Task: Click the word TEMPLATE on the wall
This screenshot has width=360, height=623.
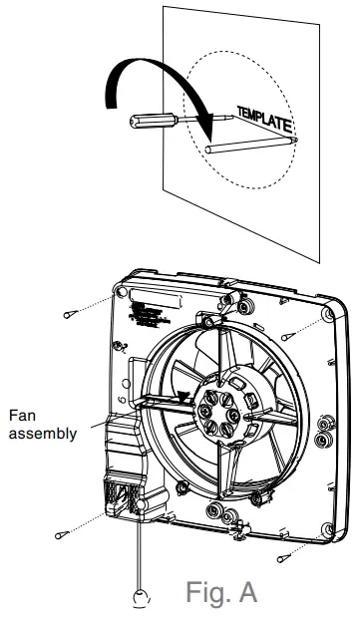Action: (x=264, y=119)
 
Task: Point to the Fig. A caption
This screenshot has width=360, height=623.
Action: (x=221, y=591)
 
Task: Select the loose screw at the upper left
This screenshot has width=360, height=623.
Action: (x=68, y=314)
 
